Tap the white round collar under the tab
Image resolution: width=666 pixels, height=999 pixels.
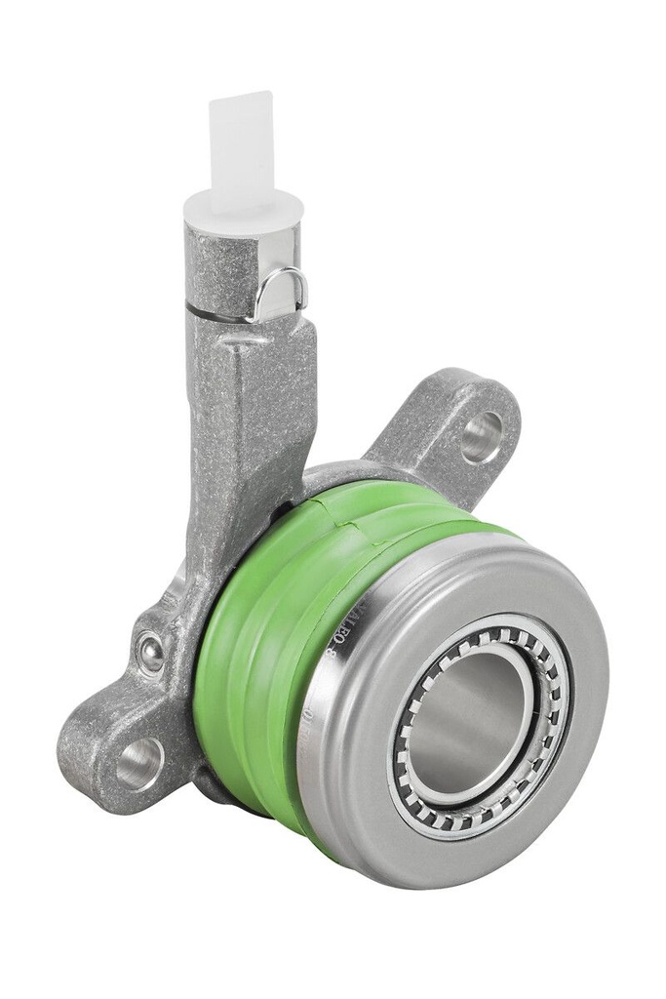tap(244, 207)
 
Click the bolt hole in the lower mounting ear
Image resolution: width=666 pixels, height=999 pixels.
tap(140, 762)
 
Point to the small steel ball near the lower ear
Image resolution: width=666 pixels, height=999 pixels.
tap(151, 651)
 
